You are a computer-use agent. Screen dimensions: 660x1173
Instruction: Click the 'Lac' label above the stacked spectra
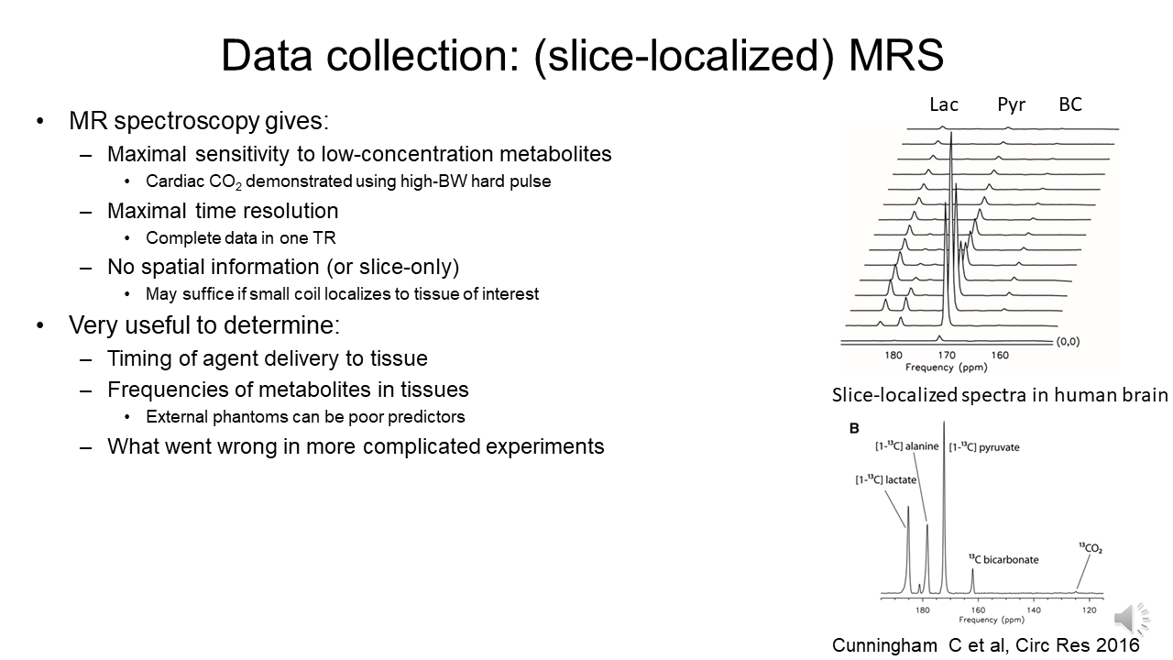[x=943, y=104]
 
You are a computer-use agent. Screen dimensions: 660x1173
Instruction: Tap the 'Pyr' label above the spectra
[x=1011, y=104]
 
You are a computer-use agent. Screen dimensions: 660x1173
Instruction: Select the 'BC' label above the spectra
[x=1070, y=104]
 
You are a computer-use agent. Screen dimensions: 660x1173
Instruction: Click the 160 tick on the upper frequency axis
[x=999, y=355]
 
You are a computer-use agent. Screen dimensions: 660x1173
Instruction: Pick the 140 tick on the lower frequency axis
[x=1034, y=610]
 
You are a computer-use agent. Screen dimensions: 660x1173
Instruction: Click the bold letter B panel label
[x=854, y=428]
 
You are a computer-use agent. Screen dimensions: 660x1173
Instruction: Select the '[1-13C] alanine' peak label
[x=907, y=446]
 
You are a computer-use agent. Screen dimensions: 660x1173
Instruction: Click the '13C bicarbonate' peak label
[x=1003, y=559]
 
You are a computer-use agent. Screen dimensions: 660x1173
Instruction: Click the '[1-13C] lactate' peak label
[x=885, y=479]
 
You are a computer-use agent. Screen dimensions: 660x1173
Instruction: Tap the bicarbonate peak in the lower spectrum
[x=973, y=581]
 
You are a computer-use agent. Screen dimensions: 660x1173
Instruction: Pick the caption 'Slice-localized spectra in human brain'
[x=1000, y=395]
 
